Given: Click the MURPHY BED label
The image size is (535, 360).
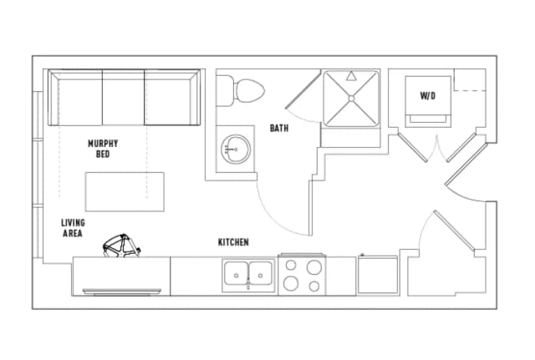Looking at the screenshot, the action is coord(103,149).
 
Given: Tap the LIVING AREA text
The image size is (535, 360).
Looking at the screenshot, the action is coord(73,228).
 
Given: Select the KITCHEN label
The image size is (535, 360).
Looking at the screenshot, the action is coord(233,242).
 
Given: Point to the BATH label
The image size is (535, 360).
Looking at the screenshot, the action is coord(279,128).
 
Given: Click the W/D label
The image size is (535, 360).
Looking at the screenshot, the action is coord(428,95).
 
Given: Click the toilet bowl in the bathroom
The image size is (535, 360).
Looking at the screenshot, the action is coord(250,91).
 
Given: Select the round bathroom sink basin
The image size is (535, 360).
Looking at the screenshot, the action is coord(236,149).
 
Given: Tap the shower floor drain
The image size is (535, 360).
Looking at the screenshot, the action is coord(351,99).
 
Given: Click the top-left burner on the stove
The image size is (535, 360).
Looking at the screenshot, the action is coord(291,265).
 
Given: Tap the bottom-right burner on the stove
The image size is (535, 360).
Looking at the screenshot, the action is coord(314,286).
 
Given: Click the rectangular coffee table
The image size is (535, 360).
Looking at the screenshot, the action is coord(125,191).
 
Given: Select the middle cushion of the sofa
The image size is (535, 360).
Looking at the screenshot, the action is coord(123,98).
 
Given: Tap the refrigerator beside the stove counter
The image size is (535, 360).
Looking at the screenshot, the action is coord(378,275).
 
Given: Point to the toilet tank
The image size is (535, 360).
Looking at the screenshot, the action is coord(225,91).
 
